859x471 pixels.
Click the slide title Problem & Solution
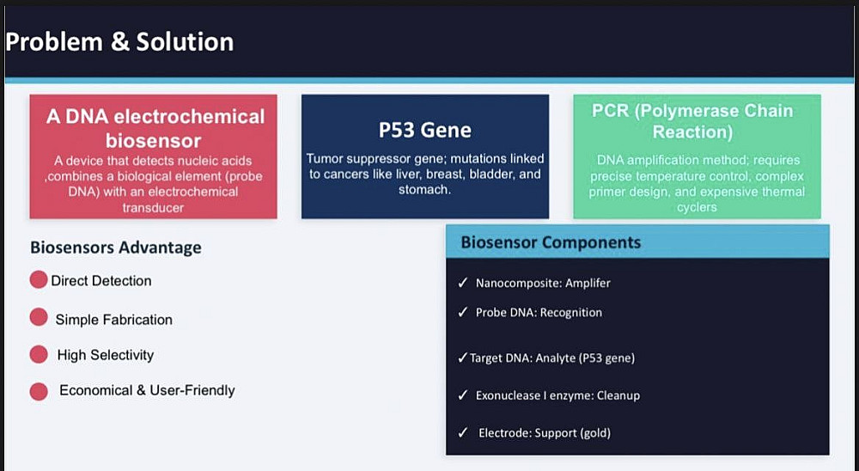tap(120, 41)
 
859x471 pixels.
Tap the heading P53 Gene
tap(424, 130)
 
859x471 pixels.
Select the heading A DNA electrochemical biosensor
tap(155, 128)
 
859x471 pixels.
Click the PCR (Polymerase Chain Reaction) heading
tap(692, 121)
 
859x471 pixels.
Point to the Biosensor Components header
tap(551, 242)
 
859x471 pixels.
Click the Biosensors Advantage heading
tap(116, 248)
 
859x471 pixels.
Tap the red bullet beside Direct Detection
tap(39, 279)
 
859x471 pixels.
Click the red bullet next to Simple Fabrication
tap(39, 317)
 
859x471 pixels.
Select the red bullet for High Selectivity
tap(39, 354)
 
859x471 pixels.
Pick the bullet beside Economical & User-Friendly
tap(39, 391)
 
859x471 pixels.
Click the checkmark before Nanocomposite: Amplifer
tap(463, 283)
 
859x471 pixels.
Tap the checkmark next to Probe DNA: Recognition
tap(463, 311)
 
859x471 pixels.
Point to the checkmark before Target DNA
tap(463, 358)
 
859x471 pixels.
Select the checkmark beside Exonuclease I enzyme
tap(463, 395)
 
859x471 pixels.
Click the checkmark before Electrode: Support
tap(463, 432)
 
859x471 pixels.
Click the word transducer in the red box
tap(153, 208)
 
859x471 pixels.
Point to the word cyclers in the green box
tap(697, 207)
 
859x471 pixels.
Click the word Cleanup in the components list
tap(618, 396)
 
